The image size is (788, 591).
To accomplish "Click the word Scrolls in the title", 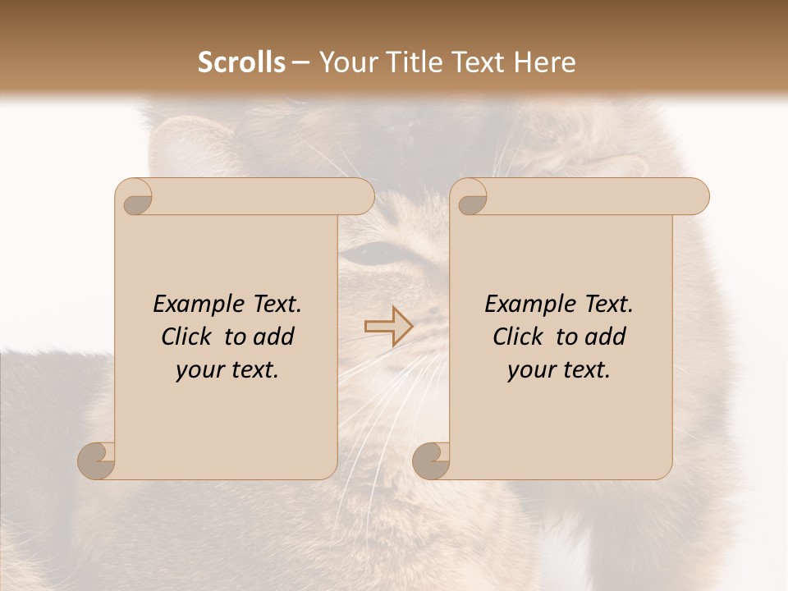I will tap(242, 62).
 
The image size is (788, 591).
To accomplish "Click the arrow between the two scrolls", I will tap(388, 326).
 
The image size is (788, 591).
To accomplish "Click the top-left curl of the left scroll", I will tap(135, 198).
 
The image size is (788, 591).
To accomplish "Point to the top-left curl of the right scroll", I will tap(470, 198).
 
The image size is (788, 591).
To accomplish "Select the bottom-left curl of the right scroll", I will tap(433, 460).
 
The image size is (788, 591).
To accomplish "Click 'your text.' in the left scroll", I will tap(227, 369).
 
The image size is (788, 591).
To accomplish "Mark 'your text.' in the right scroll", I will tap(559, 369).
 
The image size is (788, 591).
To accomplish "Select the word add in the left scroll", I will tap(274, 337).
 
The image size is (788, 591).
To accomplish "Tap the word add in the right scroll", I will tap(606, 337).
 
